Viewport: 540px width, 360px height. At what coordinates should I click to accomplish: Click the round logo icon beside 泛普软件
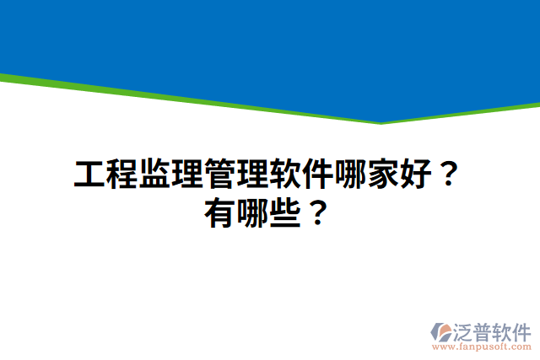tap(441, 331)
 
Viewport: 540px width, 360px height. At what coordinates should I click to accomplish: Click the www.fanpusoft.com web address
tap(482, 347)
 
